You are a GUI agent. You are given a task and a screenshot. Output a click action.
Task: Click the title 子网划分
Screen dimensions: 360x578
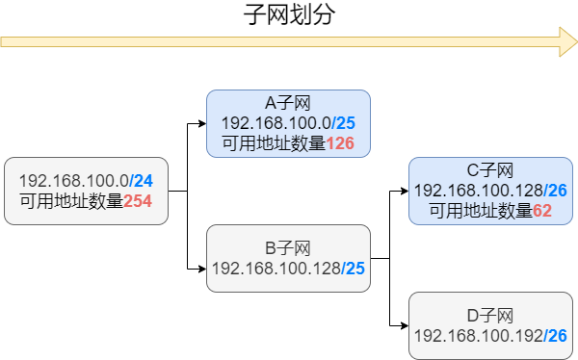[x=289, y=15]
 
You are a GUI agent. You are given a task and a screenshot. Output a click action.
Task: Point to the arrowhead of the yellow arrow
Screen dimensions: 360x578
[x=567, y=42]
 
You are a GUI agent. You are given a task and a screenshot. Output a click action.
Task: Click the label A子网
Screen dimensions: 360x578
[x=288, y=104]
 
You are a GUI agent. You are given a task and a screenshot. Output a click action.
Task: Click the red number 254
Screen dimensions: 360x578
[x=139, y=202]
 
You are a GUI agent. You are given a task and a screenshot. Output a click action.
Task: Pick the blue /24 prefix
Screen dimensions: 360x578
[x=141, y=181]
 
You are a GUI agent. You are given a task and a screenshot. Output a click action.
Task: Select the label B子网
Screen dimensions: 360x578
[x=288, y=247]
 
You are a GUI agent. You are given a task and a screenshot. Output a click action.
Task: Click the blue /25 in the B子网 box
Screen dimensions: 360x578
[x=353, y=268]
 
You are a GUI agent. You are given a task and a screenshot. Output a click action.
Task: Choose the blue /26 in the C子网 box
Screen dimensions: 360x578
[x=555, y=191]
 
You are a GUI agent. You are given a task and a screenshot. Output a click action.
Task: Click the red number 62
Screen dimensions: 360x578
[x=541, y=211]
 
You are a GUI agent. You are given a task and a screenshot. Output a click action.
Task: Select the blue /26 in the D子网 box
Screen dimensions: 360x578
[x=555, y=336]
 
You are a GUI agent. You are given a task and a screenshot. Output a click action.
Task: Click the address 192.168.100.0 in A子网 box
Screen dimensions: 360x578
[x=276, y=124]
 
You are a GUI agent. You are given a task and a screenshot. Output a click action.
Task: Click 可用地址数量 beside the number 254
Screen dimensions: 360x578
[x=71, y=202]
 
